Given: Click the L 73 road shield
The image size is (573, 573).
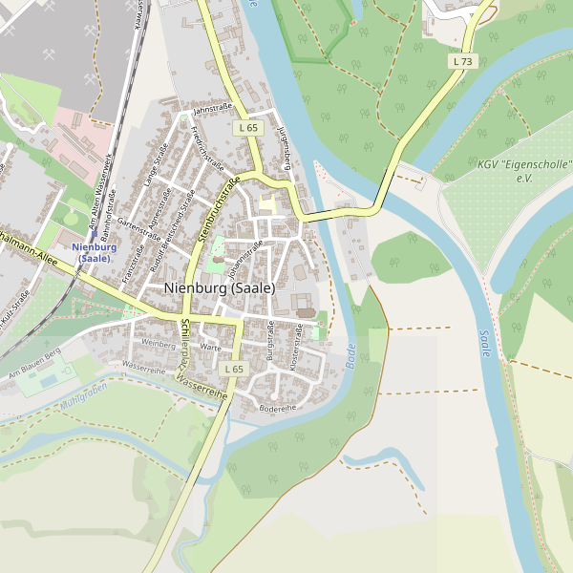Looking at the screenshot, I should [x=463, y=61].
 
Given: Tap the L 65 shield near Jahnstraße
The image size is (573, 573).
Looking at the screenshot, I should [x=247, y=127].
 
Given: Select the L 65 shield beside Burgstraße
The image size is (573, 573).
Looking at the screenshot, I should [x=233, y=369].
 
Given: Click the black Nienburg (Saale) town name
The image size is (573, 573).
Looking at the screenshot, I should [x=219, y=287].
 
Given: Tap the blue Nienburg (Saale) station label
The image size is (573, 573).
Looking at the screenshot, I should [x=95, y=253].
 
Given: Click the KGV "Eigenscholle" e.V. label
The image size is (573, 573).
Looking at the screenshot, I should [x=524, y=171].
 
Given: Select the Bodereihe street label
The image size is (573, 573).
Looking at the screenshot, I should [x=278, y=408].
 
